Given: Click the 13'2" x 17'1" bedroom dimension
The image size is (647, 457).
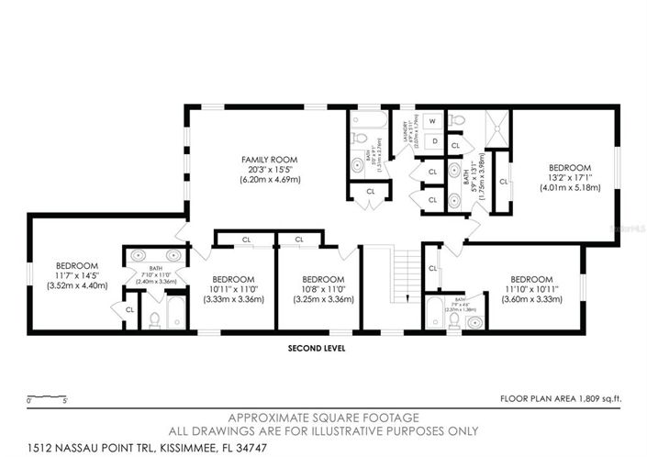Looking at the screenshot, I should (x=569, y=177).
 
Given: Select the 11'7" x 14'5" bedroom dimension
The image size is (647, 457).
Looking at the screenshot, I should (x=77, y=274).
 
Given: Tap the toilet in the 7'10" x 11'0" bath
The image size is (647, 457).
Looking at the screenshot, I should (x=155, y=318).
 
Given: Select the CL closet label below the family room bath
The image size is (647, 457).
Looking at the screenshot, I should (x=370, y=192).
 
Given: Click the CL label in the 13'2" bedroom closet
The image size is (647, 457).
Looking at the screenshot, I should (x=504, y=182).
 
